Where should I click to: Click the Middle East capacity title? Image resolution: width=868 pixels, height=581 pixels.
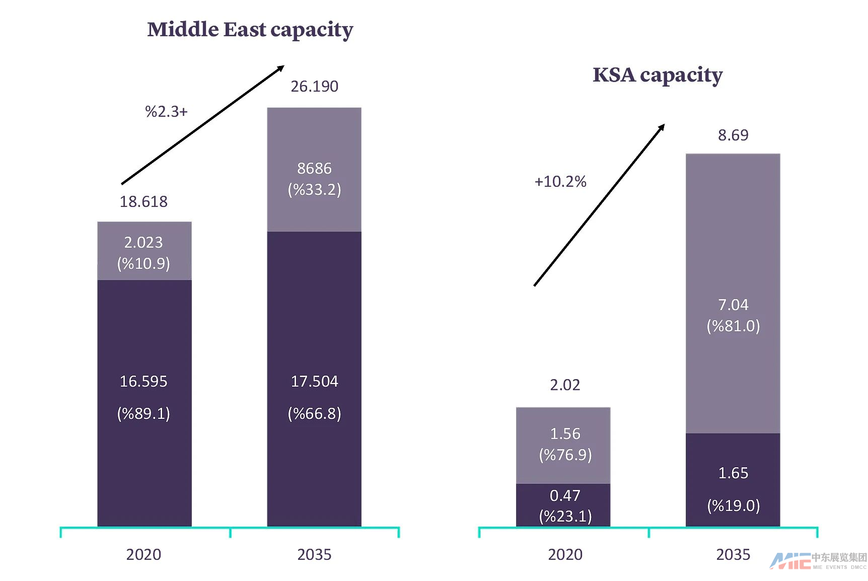click(x=250, y=30)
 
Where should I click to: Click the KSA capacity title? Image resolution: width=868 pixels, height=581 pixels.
click(x=657, y=75)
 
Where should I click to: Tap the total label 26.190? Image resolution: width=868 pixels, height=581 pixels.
click(x=314, y=87)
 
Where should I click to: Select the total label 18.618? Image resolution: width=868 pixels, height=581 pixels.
click(x=143, y=202)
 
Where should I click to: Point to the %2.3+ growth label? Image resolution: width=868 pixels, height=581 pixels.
click(x=166, y=111)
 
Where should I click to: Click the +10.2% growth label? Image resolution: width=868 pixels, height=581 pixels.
click(x=560, y=181)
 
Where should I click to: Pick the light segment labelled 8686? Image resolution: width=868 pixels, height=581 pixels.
click(x=314, y=169)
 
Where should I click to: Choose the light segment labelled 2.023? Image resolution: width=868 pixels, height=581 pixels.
click(x=144, y=251)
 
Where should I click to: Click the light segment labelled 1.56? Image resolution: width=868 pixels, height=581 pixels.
click(x=563, y=445)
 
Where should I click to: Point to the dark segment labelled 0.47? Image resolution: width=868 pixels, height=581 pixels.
click(x=563, y=505)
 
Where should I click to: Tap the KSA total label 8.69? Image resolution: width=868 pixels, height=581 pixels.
click(x=733, y=135)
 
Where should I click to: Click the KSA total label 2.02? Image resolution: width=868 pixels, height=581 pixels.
click(x=565, y=385)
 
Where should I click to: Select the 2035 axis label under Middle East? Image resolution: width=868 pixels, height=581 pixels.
click(x=314, y=554)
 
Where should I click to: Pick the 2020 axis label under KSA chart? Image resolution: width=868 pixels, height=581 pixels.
click(x=565, y=554)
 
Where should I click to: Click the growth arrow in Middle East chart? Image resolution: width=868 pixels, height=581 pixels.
click(x=203, y=125)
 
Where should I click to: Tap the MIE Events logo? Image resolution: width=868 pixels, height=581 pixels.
click(x=818, y=560)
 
